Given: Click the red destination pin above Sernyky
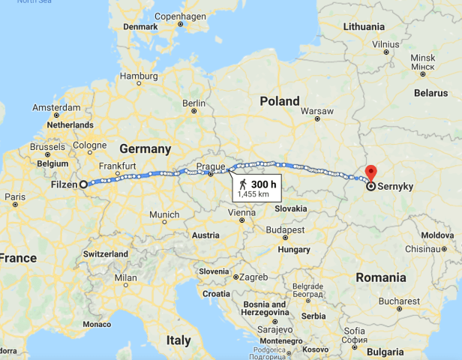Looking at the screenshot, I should pos(370,171).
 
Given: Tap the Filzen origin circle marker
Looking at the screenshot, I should pos(84,184).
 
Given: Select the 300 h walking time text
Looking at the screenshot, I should pos(262,184).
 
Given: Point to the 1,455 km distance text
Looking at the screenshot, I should pos(252,193).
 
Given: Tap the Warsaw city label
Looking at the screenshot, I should pos(316,111).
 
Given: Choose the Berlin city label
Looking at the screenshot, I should pos(193,103).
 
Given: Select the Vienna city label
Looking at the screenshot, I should pos(241,212).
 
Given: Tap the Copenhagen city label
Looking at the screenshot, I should pos(180,16).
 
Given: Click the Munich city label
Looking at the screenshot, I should pos(164,214).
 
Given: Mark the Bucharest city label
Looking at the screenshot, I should pos(399,300).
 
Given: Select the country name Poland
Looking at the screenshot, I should pos(279,101).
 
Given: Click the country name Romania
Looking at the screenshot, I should pos(380,277).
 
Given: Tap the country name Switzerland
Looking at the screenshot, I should pos(106,254).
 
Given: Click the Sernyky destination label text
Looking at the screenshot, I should pos(397,185).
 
